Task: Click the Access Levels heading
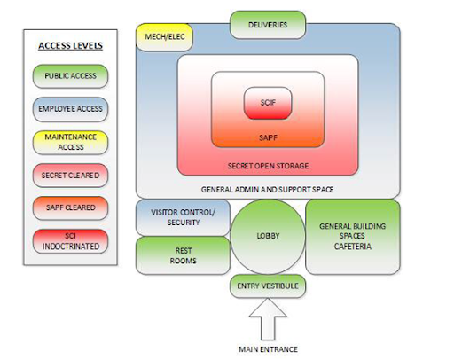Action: (70, 46)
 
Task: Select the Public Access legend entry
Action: (70, 76)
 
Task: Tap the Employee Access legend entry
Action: (70, 109)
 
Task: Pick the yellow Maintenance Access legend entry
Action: (70, 142)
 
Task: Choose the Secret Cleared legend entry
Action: (70, 176)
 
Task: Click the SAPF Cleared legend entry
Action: (70, 207)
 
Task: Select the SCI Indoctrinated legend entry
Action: (70, 241)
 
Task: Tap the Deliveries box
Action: (268, 25)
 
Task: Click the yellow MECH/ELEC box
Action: (165, 37)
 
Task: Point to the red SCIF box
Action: (268, 103)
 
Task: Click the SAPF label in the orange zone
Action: (268, 137)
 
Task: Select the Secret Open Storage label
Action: (268, 166)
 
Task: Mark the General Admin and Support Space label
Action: (268, 190)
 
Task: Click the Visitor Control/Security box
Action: (183, 217)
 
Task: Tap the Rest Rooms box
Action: (183, 255)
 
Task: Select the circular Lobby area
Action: (268, 237)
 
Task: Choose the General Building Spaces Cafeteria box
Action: (353, 237)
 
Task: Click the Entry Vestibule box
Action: (268, 286)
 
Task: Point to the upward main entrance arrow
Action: (268, 319)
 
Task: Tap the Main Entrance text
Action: (268, 349)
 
